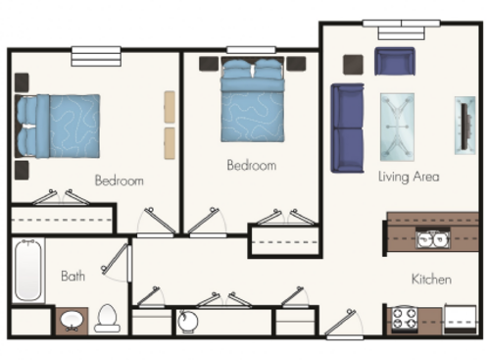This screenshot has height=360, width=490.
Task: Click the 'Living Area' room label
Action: pos(409,178)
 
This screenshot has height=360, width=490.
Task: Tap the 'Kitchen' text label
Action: pos(431,280)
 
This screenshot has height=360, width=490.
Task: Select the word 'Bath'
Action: pos(73,277)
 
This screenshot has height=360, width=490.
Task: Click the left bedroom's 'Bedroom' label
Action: pos(120,180)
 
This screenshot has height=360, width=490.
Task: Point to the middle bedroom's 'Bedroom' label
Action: pos(252,166)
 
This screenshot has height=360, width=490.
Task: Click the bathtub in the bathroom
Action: pos(26,270)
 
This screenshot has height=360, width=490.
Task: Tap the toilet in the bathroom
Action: pos(107,317)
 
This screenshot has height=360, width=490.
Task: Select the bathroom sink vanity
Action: pos(70,320)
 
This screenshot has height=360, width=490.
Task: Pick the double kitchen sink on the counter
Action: pos(432,238)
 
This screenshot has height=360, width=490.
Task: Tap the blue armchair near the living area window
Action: pos(395,62)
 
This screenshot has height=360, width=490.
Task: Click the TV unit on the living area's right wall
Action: pos(462,125)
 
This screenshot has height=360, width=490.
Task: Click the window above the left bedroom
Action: pos(95,57)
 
